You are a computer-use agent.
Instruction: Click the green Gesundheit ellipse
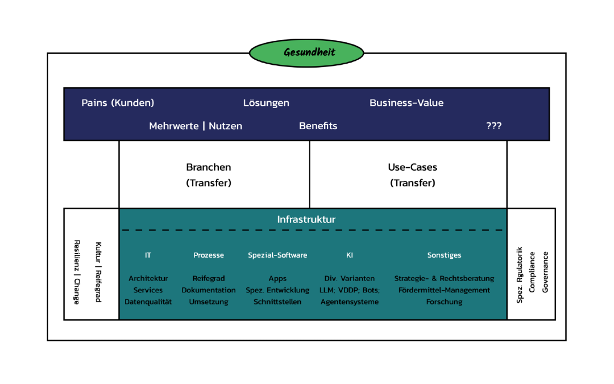(x=306, y=53)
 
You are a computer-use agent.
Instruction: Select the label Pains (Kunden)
(x=118, y=103)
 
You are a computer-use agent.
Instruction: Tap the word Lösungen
(x=266, y=103)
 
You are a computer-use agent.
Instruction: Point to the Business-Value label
(x=406, y=103)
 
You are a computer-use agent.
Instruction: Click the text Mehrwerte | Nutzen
(x=196, y=126)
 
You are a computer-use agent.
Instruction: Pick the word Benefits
(x=318, y=126)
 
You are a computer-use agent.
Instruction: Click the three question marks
(x=493, y=126)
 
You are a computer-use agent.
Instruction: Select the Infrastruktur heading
(x=306, y=220)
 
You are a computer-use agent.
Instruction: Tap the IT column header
(x=148, y=255)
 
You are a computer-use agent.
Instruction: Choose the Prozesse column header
(x=209, y=255)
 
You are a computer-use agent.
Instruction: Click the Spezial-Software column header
(x=277, y=255)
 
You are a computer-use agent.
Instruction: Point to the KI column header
(x=349, y=255)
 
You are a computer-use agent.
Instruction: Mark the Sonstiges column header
(x=444, y=255)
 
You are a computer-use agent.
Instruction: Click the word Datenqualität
(x=148, y=302)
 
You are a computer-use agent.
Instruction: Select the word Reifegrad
(x=209, y=279)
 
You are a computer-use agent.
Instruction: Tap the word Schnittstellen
(x=277, y=302)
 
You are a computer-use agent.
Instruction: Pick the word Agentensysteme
(x=349, y=302)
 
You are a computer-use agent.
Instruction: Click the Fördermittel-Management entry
(x=444, y=290)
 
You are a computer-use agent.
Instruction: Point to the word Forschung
(x=444, y=302)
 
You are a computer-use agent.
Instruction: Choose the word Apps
(x=277, y=279)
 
